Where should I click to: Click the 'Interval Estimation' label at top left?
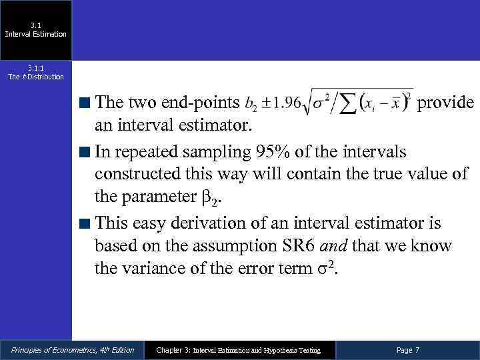point(36,34)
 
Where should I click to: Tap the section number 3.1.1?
point(35,67)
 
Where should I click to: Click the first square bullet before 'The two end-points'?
point(85,103)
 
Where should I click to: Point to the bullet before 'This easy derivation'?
point(85,223)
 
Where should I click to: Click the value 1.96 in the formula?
point(283,104)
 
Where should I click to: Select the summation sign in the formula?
point(347,103)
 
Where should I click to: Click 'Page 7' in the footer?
point(408,350)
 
